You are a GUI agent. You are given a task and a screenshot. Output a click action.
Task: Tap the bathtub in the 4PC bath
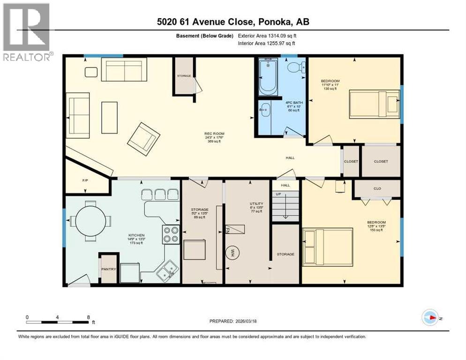click(269, 75)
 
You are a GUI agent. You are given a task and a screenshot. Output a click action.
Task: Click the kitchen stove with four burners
click(171, 234)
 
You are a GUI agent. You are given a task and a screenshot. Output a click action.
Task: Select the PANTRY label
click(108, 270)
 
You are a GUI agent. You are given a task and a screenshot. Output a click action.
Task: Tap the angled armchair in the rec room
click(143, 137)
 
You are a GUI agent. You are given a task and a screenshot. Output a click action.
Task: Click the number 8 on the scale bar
click(89, 317)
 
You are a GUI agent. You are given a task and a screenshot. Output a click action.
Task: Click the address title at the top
click(233, 22)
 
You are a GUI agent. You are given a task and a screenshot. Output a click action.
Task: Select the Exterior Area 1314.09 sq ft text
click(267, 36)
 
